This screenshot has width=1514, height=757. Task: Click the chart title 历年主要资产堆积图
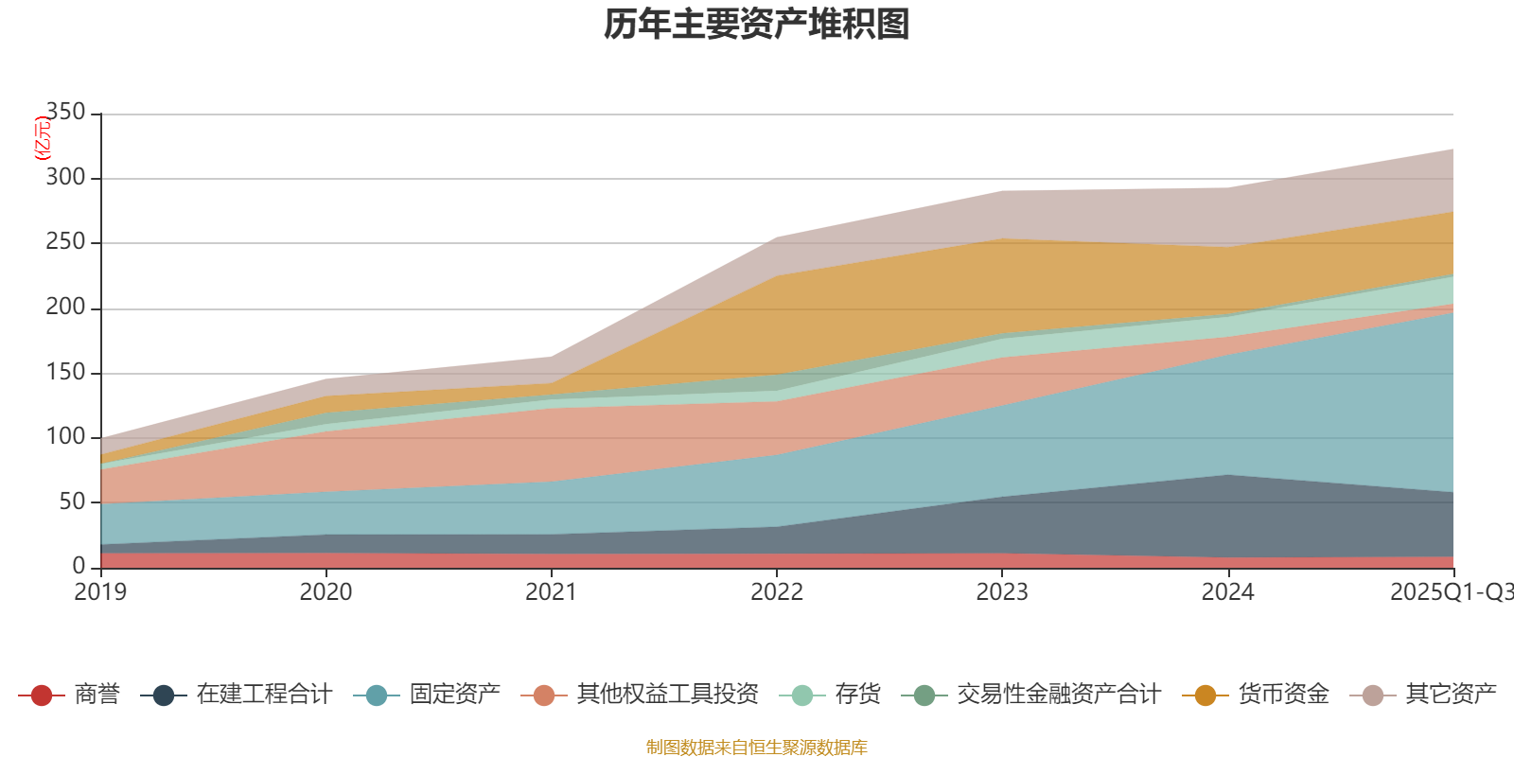coord(757,25)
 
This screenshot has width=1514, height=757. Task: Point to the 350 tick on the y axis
coord(65,113)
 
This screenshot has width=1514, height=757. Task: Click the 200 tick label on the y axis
coord(65,308)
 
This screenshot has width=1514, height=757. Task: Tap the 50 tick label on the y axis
coord(72,502)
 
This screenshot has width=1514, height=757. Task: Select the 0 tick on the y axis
coord(79,566)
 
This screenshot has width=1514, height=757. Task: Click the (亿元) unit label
coord(42,138)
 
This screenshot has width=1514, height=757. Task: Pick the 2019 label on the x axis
coord(100,591)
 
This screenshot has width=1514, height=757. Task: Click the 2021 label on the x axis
coord(551,591)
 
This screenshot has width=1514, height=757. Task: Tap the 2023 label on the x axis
coord(1002,591)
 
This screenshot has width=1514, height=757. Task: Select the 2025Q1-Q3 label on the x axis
coord(1450,591)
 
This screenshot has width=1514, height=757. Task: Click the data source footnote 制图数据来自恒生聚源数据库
coord(757,748)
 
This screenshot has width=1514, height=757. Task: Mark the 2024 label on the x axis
coord(1227,591)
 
